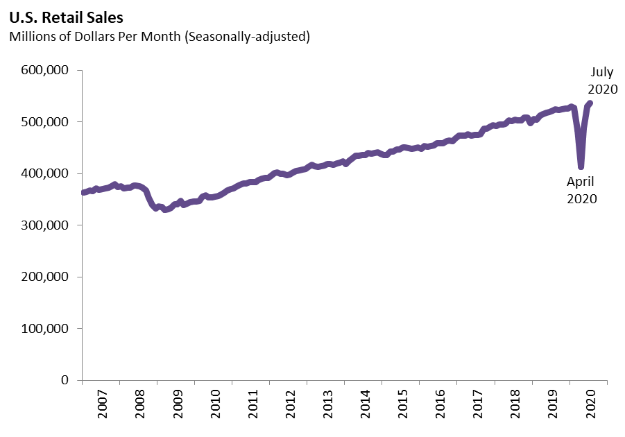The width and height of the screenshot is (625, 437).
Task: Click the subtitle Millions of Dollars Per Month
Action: pos(159,37)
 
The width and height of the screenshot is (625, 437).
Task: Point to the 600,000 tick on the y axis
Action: pos(45,71)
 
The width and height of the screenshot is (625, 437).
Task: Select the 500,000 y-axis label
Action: pos(45,122)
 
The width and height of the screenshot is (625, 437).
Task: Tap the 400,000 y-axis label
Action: pos(45,174)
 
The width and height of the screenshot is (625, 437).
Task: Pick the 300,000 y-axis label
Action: pos(45,225)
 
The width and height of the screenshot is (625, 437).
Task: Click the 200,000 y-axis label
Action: pos(45,277)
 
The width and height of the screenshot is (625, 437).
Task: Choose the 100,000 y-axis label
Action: pos(45,329)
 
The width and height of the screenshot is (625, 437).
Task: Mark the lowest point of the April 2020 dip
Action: pos(581,166)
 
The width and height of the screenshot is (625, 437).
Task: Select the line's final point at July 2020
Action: pos(590,103)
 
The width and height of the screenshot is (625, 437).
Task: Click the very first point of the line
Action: pos(83,193)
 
